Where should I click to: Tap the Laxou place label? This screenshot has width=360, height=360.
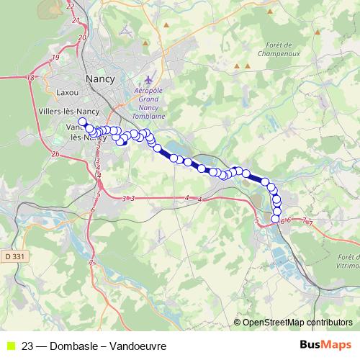68,92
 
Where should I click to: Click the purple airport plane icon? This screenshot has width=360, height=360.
149,78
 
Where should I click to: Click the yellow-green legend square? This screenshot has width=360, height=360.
9,346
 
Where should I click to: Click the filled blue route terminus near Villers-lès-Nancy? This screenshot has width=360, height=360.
83,122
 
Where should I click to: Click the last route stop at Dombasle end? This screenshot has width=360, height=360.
276,218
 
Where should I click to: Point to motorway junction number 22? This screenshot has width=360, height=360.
70,6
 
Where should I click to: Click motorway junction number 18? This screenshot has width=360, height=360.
30,78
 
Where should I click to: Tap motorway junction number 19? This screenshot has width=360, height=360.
55,57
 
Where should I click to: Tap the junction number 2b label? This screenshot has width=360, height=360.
55,153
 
